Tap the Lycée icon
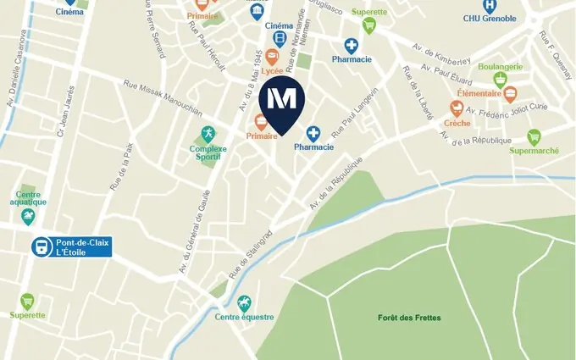[x=273, y=56]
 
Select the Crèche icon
[x=457, y=108]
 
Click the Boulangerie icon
[x=501, y=80]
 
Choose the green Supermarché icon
[x=534, y=136]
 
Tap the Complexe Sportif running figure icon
[x=208, y=133]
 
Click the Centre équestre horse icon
[x=244, y=302]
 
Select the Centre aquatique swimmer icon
[x=29, y=217]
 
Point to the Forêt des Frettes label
[x=409, y=318]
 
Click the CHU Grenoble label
[x=490, y=18]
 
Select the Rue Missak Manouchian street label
[x=163, y=97]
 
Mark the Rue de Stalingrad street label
[x=249, y=252]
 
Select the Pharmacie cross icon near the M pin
[x=313, y=133]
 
